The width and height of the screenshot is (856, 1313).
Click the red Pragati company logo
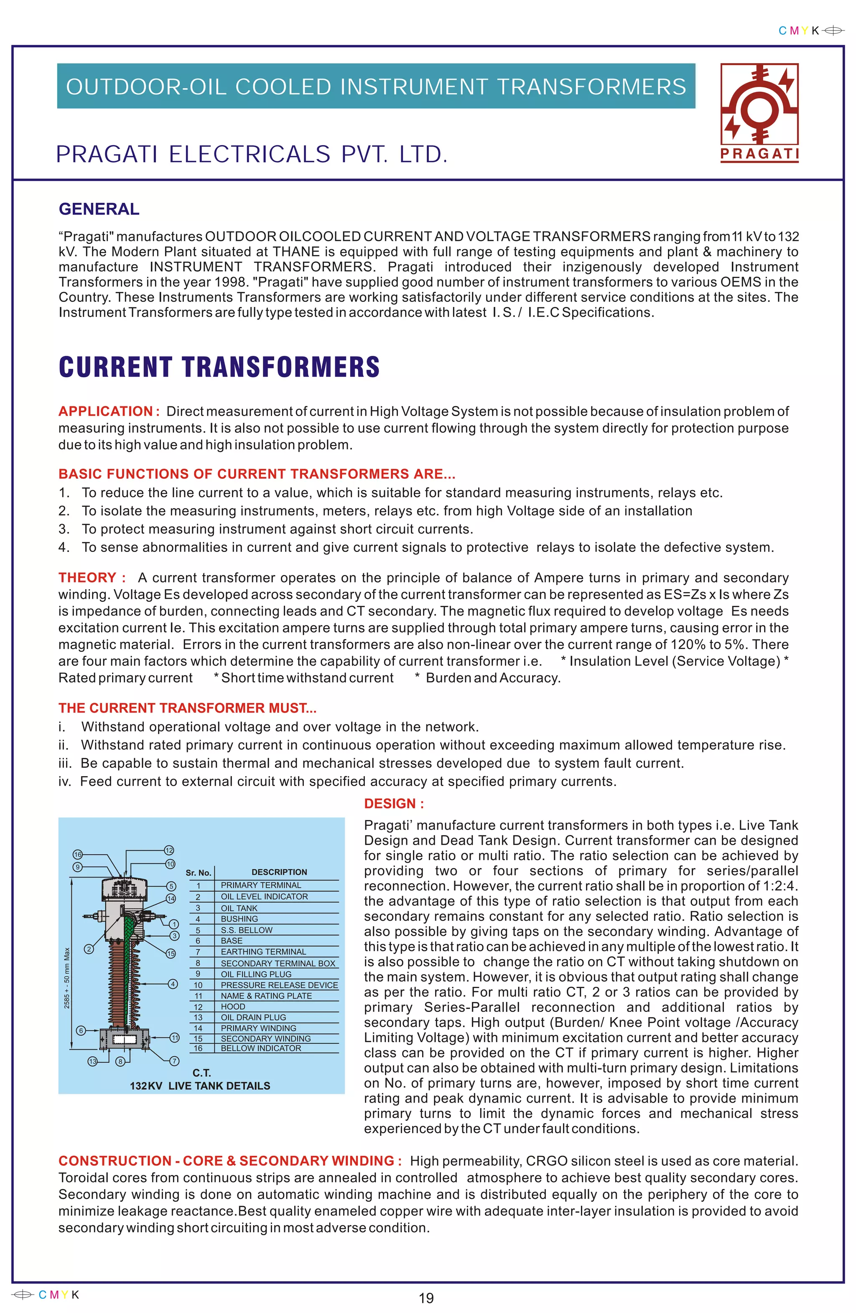click(759, 112)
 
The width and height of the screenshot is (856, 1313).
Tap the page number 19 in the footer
click(426, 1298)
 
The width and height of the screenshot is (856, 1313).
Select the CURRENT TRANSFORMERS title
click(219, 367)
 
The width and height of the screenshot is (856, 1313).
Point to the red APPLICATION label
click(109, 411)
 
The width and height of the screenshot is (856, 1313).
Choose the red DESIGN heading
click(394, 804)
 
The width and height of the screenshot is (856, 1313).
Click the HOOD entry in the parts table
click(233, 1006)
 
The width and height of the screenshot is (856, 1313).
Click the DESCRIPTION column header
click(279, 872)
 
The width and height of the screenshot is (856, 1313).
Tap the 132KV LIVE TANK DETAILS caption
click(200, 1086)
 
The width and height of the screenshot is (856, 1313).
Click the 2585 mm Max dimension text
click(67, 978)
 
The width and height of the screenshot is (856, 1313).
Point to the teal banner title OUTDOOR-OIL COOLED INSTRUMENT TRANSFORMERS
click(376, 87)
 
